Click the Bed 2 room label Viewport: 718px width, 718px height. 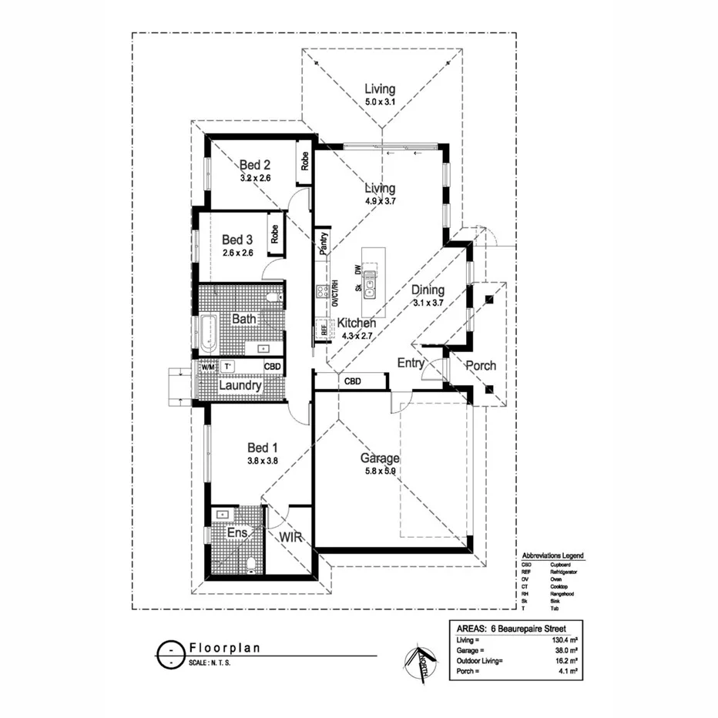254,164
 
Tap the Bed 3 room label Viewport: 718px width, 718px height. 237,239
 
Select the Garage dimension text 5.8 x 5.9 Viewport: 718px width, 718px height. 380,471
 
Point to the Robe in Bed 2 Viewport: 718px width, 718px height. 305,161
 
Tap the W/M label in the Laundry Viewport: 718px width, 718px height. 207,367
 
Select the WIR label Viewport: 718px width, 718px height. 290,536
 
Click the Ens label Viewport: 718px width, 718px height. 236,532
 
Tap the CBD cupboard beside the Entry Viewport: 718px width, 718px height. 353,381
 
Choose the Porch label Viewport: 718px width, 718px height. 480,365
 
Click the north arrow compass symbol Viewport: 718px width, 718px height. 419,657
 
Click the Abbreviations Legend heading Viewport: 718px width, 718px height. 552,555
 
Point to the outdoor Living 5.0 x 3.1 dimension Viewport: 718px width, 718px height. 380,102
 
